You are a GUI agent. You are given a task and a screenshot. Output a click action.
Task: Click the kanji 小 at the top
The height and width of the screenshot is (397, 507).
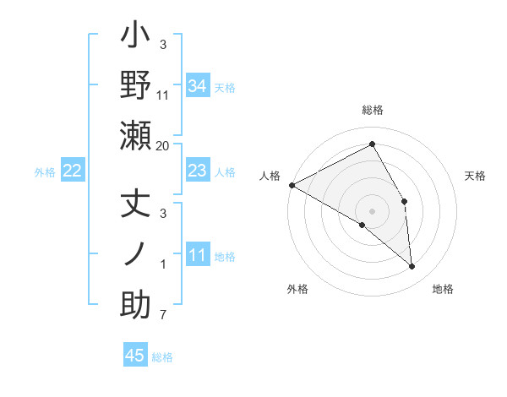click(136, 38)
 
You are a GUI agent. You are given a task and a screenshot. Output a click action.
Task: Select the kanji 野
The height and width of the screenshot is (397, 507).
click(136, 86)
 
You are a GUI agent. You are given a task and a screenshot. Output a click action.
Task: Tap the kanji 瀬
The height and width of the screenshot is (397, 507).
click(136, 137)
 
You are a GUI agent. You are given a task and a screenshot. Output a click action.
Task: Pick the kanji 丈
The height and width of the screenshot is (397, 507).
click(136, 205)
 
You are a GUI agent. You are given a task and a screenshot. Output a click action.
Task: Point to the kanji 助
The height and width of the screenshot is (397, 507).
click(136, 304)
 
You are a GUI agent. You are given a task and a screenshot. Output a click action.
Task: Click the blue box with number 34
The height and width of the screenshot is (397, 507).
click(197, 85)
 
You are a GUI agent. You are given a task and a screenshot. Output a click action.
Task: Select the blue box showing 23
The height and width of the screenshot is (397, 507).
click(197, 171)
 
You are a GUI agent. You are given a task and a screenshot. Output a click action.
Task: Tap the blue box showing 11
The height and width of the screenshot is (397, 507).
click(197, 256)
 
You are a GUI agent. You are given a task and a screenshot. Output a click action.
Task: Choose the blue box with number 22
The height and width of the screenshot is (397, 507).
click(73, 171)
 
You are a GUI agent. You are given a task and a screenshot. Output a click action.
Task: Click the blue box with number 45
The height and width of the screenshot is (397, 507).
click(135, 356)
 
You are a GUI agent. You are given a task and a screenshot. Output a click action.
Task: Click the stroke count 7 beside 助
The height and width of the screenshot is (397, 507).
click(163, 316)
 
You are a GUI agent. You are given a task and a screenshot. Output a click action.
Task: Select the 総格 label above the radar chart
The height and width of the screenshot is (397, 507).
click(373, 110)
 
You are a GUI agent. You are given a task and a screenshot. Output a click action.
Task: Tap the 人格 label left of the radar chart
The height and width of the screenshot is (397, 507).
click(270, 176)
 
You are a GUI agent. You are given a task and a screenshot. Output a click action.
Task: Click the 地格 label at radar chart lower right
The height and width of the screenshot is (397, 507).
click(443, 290)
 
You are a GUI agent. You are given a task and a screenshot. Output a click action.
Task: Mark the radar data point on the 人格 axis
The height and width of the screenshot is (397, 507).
click(292, 184)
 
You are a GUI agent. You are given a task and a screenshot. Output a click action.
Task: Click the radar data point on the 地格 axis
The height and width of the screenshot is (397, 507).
click(412, 267)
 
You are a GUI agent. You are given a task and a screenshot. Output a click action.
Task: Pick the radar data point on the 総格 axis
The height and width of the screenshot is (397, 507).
click(373, 144)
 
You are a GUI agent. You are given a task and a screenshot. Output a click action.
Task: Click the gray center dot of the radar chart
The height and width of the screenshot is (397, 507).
click(373, 210)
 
